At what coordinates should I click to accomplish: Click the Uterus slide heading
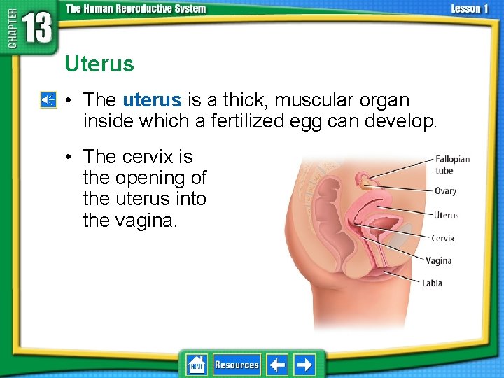tap(99, 64)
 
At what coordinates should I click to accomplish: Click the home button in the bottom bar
tap(197, 365)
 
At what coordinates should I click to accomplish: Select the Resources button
tap(237, 365)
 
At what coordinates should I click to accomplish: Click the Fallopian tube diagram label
tap(452, 164)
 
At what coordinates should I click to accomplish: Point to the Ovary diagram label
tap(445, 190)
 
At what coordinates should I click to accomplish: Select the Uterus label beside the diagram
tap(446, 215)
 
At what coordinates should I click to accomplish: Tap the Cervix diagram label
tap(442, 239)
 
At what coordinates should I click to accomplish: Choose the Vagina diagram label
tap(439, 261)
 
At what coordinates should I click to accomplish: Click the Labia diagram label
tap(432, 283)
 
